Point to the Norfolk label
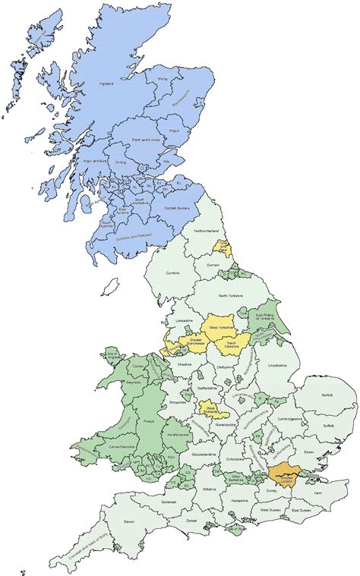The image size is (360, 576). pos(327,395)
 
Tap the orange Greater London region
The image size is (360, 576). pos(284,474)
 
